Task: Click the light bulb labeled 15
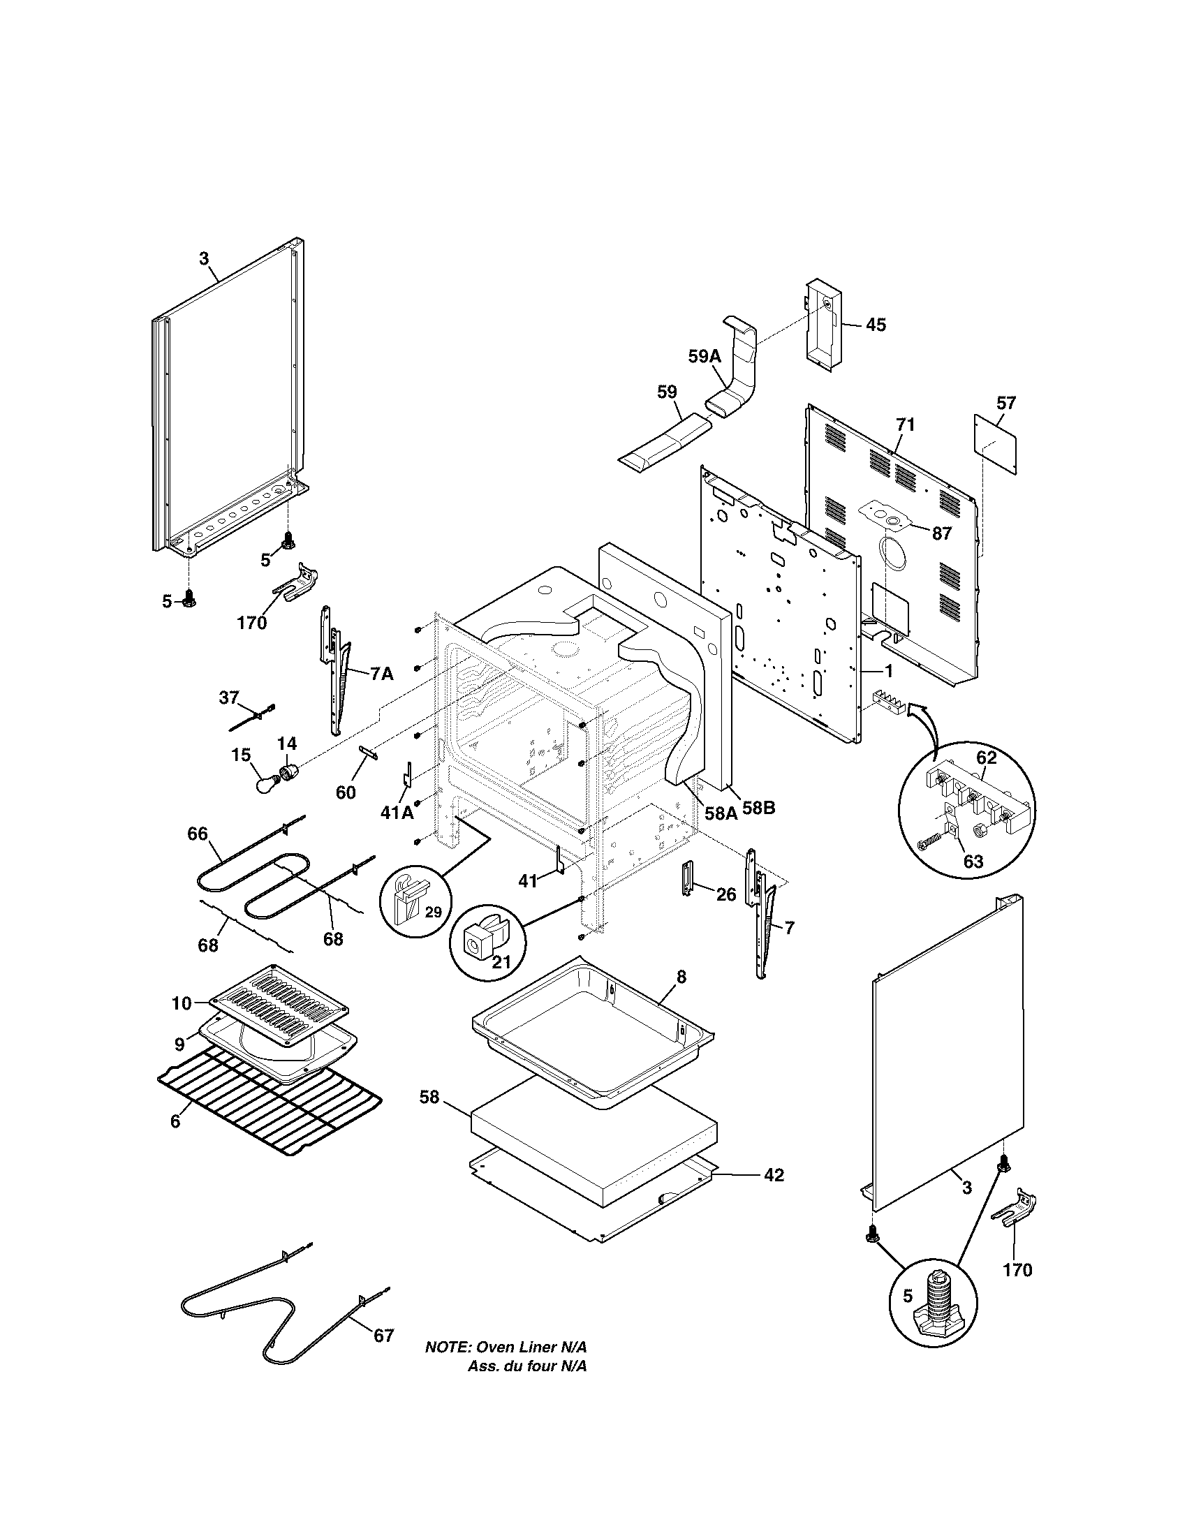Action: coord(268,781)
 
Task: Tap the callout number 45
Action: coord(876,325)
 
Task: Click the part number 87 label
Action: coord(942,533)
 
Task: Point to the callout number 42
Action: coord(774,1175)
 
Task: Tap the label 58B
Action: coord(758,808)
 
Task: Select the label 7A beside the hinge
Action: coord(381,674)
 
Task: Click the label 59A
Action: coord(705,357)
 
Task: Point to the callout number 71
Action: coord(906,424)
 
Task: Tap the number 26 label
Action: coord(726,894)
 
